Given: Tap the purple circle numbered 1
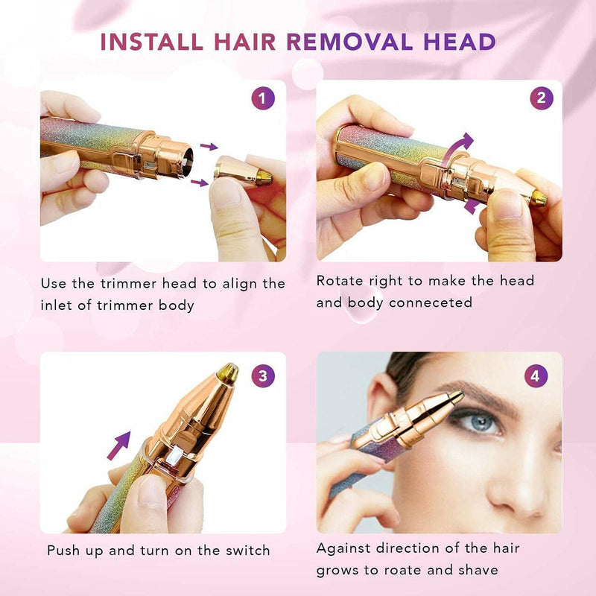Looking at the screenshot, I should [x=262, y=99].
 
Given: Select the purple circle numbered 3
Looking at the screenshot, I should [x=262, y=375].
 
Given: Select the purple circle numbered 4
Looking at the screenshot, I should [x=533, y=375].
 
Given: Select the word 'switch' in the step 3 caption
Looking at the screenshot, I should [x=244, y=551].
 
